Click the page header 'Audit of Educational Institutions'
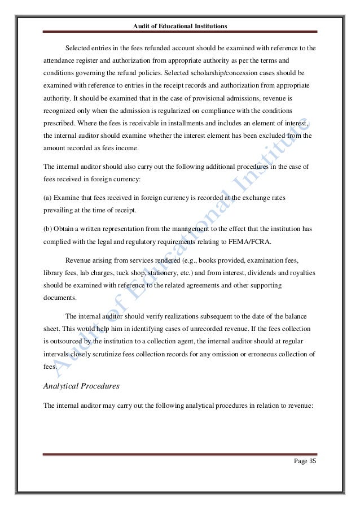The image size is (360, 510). pyautogui.click(x=179, y=26)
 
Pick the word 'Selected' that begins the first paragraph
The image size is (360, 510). pyautogui.click(x=80, y=47)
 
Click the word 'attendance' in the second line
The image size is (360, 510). pyautogui.click(x=62, y=60)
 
